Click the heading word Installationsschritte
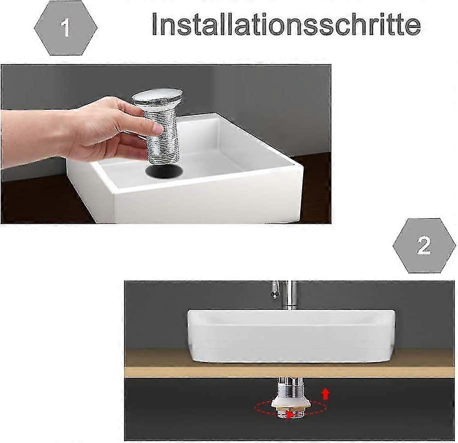coord(286,23)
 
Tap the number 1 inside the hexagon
coord(65,28)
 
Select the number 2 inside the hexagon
coord(424,246)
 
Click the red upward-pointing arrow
coord(326,394)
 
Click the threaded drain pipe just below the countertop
coord(288,387)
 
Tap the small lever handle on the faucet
coord(275,290)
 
